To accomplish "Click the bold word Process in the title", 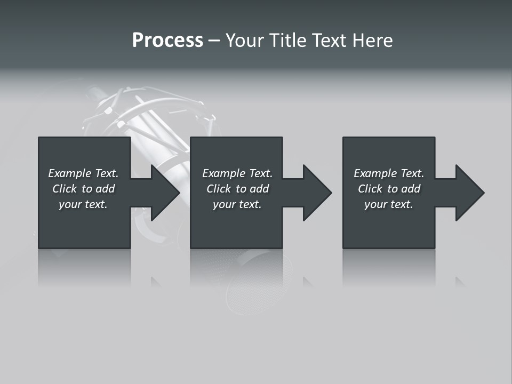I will click(x=167, y=41).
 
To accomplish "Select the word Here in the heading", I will click(x=372, y=41).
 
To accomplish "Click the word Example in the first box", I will click(x=69, y=173).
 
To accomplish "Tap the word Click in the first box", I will click(x=64, y=189).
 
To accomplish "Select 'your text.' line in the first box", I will click(x=83, y=204).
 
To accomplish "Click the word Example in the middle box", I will click(x=223, y=173).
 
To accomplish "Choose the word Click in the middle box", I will click(x=218, y=189).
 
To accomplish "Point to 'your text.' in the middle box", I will click(x=237, y=204).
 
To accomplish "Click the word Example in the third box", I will click(x=375, y=173).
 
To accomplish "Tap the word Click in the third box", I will click(x=370, y=189).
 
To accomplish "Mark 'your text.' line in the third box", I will click(x=388, y=204).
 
